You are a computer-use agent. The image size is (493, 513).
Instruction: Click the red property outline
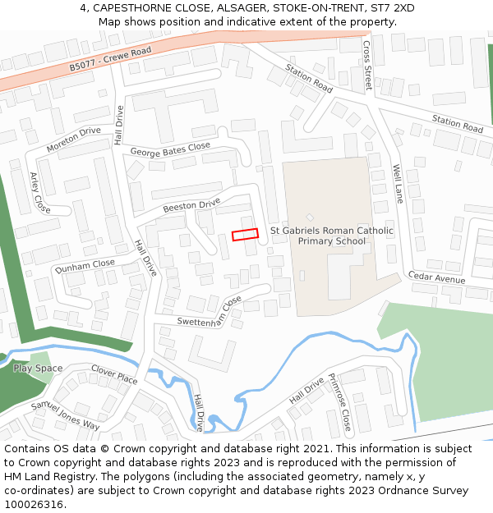(x=245, y=235)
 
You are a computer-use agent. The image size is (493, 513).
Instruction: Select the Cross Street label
(x=367, y=66)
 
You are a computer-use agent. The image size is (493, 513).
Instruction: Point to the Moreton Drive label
(x=73, y=140)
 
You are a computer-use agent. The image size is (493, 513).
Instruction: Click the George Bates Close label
(x=170, y=149)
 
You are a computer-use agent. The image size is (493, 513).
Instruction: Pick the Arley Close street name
(x=39, y=193)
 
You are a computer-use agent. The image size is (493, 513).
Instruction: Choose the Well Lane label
(x=398, y=184)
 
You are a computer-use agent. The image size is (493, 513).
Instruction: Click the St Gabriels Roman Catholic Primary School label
(x=332, y=236)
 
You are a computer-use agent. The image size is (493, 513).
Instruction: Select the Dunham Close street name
(x=85, y=266)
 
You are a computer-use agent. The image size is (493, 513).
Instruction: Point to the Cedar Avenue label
(x=436, y=278)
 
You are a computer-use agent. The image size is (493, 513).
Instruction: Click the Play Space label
(x=38, y=369)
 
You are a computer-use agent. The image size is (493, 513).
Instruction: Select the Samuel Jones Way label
(x=65, y=415)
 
